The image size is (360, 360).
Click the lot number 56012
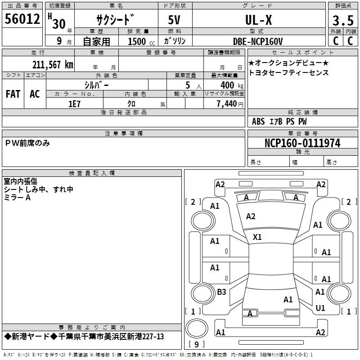point(22,19)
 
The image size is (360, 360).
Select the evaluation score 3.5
point(342,21)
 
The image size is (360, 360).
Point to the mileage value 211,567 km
point(53,64)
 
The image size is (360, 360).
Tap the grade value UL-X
point(258,20)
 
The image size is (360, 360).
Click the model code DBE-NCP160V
point(258,41)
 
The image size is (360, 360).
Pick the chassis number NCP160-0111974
point(302,143)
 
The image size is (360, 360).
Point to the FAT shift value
point(13,94)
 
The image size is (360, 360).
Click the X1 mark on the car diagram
point(257,237)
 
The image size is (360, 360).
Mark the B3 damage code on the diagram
point(221,292)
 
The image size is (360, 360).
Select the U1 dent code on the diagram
point(320,308)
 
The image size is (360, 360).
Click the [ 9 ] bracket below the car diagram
point(196,345)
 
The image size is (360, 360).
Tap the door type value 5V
point(175,20)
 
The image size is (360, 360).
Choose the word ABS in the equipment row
point(258,121)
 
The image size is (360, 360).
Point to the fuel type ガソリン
point(175,41)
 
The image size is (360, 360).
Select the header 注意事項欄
point(124,134)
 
